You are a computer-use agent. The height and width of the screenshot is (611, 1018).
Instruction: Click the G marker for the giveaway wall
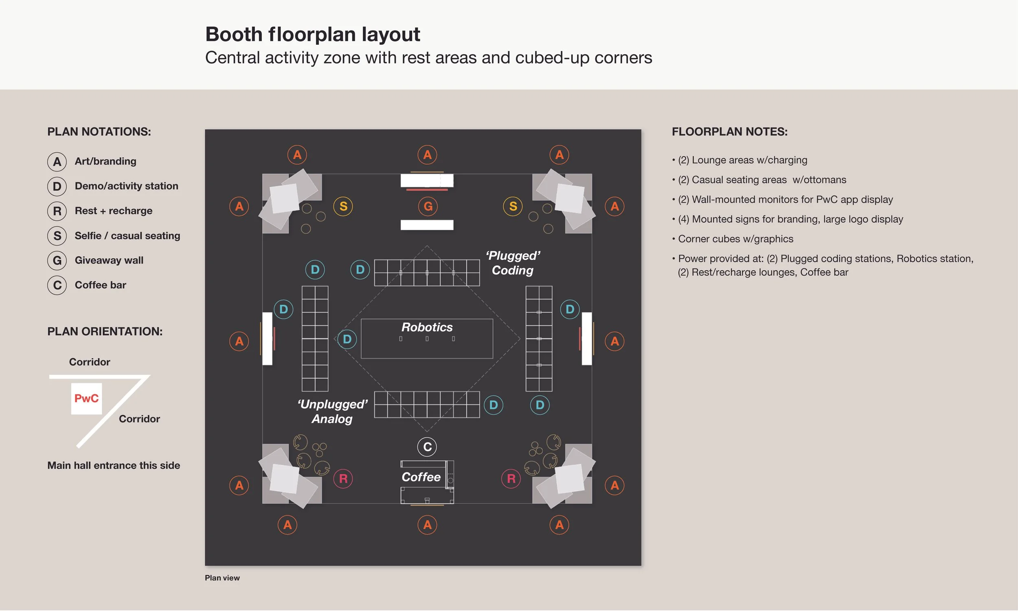coord(428,206)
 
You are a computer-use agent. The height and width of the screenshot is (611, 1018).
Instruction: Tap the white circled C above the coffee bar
coord(427,447)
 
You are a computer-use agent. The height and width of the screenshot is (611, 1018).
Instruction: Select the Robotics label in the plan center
coord(427,327)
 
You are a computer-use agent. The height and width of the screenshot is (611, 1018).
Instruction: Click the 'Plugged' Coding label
coord(513,263)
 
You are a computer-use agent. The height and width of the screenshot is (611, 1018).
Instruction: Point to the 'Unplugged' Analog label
coord(332,411)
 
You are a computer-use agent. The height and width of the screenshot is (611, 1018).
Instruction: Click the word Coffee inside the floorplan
coord(421,477)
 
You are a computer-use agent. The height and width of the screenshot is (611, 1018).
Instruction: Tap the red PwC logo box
coord(86,398)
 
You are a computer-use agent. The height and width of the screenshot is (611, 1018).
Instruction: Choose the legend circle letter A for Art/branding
coord(57,161)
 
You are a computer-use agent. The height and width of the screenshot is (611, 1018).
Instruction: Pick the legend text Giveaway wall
coord(109,260)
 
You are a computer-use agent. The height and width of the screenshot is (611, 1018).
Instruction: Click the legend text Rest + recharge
coord(114,211)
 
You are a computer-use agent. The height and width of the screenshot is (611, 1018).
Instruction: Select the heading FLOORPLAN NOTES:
coord(730,132)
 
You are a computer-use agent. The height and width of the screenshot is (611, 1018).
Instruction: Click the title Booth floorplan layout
coord(312,34)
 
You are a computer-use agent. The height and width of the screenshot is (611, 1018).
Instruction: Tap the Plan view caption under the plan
coord(222,578)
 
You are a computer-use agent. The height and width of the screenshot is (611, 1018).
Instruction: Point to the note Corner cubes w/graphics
coord(735,239)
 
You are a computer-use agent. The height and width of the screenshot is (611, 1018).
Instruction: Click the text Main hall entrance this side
coord(114,465)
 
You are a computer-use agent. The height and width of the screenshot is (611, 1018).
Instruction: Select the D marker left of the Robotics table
coord(347,339)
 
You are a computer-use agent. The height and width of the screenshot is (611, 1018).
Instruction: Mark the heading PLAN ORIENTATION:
coord(105,332)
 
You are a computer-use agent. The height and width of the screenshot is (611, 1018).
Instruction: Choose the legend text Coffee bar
coord(101,285)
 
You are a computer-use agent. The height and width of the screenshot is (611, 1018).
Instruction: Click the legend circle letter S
coord(57,235)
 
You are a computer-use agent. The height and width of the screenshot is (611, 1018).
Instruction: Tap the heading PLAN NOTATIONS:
coord(99,132)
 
